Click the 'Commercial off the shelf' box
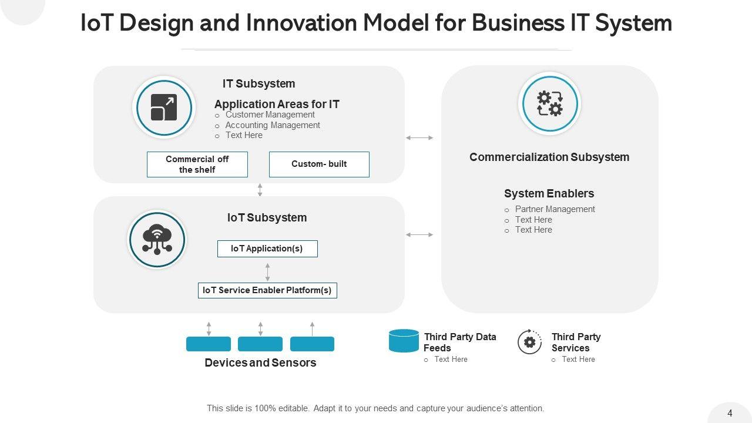(x=197, y=164)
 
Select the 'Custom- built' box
(x=319, y=164)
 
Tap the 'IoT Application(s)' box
(x=267, y=249)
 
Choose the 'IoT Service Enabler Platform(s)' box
(x=267, y=290)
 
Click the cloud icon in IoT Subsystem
(x=157, y=239)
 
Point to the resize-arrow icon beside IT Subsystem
(x=164, y=108)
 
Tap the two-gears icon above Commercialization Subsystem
(x=550, y=104)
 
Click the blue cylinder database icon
(x=404, y=341)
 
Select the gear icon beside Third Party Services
(x=529, y=341)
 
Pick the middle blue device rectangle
(x=260, y=344)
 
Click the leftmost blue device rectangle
(x=209, y=344)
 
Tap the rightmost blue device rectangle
(x=312, y=344)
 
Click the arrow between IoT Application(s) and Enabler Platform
(x=267, y=272)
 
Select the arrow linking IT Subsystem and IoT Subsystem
(x=260, y=190)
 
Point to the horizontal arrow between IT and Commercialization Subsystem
(x=419, y=137)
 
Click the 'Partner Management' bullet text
(x=555, y=209)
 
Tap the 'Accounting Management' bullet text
(x=273, y=125)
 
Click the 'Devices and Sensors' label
(x=260, y=362)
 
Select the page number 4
(x=730, y=413)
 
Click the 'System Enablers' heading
(x=549, y=193)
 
